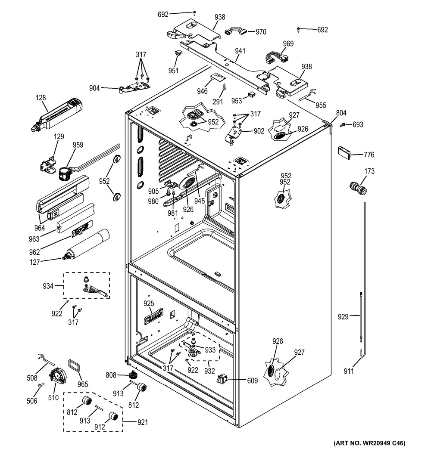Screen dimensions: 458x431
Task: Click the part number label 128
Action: pos(41,99)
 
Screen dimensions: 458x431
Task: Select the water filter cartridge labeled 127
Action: pos(88,247)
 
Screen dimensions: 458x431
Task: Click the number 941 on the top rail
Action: pos(240,51)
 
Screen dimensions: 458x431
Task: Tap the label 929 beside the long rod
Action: pos(343,318)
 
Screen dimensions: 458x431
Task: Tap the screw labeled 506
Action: pos(41,385)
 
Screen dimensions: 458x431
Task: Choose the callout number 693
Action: pos(357,125)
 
